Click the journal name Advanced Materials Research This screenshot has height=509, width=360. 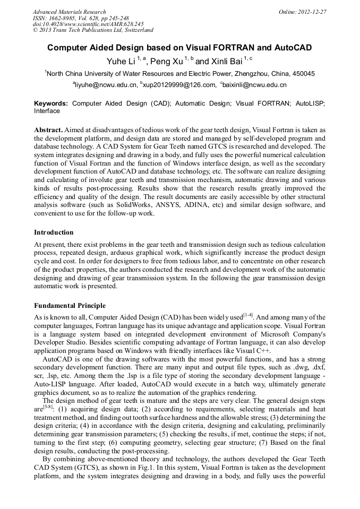(70, 12)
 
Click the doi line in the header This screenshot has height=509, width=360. (88, 24)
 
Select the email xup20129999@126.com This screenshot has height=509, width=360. (179, 85)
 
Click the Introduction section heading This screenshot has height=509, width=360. (54, 232)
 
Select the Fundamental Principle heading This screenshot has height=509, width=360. (70, 306)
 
